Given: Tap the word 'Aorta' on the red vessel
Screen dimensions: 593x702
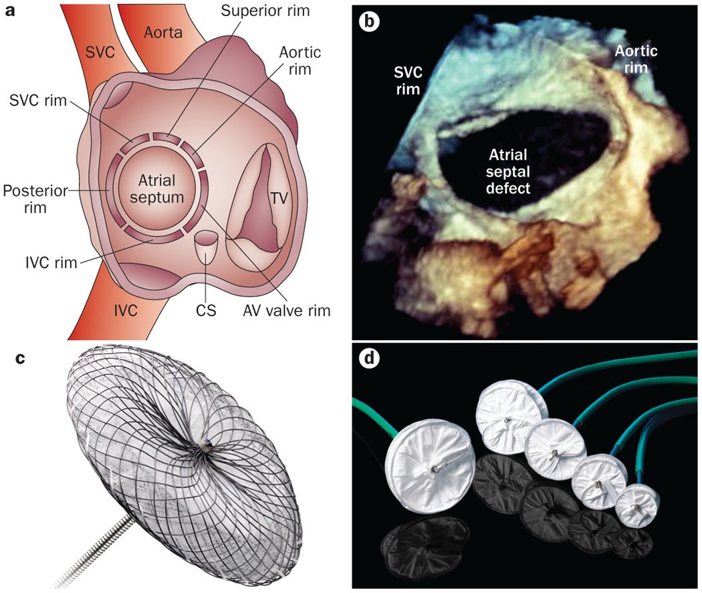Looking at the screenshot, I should [164, 32].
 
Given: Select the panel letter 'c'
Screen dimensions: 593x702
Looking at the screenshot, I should [19, 358].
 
